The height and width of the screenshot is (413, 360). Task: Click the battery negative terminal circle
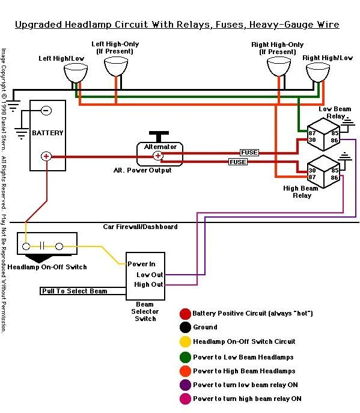(46, 111)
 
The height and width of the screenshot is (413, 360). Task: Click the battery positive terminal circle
(46, 156)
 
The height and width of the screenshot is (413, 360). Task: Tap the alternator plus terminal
(157, 156)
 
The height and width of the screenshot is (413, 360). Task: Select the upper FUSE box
(249, 153)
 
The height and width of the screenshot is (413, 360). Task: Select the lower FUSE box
(238, 162)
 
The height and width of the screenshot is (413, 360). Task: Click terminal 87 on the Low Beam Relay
(312, 133)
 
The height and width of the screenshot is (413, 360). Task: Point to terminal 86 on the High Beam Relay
(334, 177)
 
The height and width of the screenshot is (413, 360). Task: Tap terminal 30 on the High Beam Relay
(312, 170)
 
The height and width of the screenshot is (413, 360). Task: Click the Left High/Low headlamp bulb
(76, 73)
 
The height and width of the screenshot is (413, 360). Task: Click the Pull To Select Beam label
(75, 291)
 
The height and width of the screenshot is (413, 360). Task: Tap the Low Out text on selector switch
(150, 275)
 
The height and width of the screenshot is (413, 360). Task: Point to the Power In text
(141, 264)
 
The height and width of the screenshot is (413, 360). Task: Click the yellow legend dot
(185, 341)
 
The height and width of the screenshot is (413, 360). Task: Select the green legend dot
(185, 357)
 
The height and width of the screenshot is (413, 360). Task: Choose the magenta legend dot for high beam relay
(185, 399)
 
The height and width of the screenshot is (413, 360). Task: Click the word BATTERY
(47, 133)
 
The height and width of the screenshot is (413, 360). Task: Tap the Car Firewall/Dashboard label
(140, 227)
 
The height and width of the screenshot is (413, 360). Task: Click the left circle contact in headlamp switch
(26, 246)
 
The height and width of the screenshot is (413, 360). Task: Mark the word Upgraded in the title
(38, 25)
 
